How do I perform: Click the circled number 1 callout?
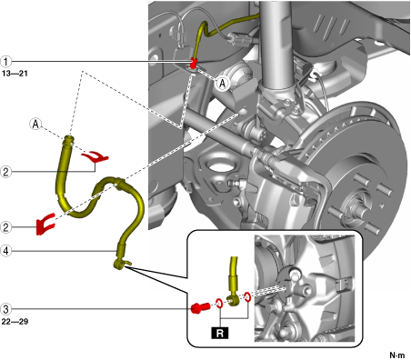click(5, 62)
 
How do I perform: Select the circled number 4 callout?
click(5, 251)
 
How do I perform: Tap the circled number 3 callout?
click(5, 309)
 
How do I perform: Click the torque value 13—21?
click(15, 74)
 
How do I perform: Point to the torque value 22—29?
click(15, 322)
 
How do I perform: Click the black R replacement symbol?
click(220, 333)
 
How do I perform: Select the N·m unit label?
click(397, 355)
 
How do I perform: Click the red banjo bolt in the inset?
click(200, 308)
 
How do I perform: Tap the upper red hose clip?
click(95, 156)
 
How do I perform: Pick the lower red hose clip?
click(45, 225)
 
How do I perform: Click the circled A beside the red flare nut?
click(223, 84)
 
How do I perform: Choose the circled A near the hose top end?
click(35, 124)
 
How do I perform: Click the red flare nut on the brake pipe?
click(193, 63)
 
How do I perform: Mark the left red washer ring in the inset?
click(219, 303)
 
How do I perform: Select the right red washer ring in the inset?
click(247, 297)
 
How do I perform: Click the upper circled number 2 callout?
click(5, 172)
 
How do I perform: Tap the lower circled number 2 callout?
click(5, 227)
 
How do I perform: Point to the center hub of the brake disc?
click(354, 206)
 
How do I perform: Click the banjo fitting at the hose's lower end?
click(121, 263)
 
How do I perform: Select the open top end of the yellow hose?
click(69, 139)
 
